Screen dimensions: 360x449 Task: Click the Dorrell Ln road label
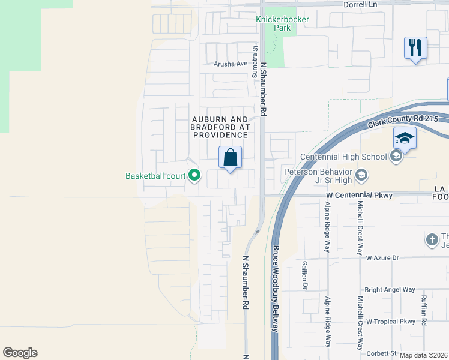(x=360, y=4)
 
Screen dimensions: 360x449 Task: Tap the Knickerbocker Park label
(x=277, y=23)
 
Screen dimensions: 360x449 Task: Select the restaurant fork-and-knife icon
(x=415, y=47)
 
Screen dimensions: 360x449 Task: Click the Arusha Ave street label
(x=231, y=64)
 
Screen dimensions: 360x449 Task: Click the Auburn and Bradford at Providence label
(x=220, y=127)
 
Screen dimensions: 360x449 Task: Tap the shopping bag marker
(x=231, y=158)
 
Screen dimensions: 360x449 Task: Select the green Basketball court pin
(x=194, y=176)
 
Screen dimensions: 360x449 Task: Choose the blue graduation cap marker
(x=405, y=139)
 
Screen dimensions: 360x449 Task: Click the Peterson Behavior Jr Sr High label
(x=317, y=175)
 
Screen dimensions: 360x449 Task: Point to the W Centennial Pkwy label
(x=359, y=195)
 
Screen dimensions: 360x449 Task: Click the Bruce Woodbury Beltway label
(x=276, y=289)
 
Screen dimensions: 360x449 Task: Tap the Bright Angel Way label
(x=390, y=289)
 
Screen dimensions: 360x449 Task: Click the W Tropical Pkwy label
(x=391, y=322)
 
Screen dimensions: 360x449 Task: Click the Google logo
(x=20, y=353)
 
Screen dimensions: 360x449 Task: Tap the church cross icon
(x=431, y=240)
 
